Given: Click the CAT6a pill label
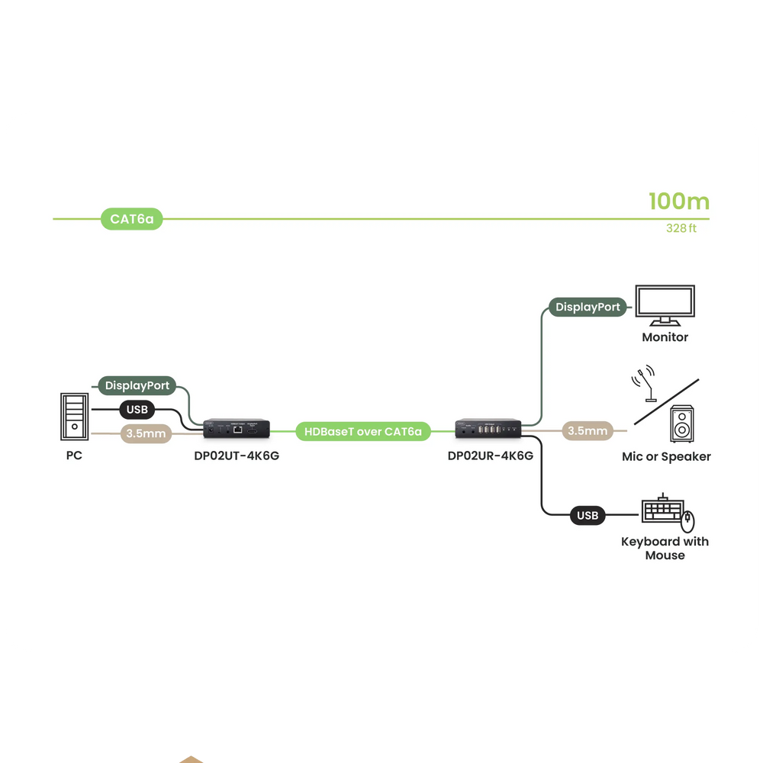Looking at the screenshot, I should (x=131, y=219).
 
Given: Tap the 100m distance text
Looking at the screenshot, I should (x=678, y=202).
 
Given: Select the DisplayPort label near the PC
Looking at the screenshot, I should (x=137, y=385).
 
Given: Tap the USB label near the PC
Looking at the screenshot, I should (x=137, y=410).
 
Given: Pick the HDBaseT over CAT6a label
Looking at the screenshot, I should (x=363, y=432).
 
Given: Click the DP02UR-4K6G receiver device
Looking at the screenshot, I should (x=489, y=430).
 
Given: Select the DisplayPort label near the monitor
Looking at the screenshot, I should (x=588, y=307).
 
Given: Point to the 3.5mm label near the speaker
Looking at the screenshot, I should (x=588, y=431).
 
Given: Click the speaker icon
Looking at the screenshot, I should (x=682, y=424).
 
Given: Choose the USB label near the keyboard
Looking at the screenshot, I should (x=588, y=516).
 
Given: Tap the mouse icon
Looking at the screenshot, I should (x=689, y=521).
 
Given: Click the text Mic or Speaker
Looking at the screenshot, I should (x=666, y=457).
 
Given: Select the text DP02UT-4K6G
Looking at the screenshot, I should (x=237, y=456).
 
